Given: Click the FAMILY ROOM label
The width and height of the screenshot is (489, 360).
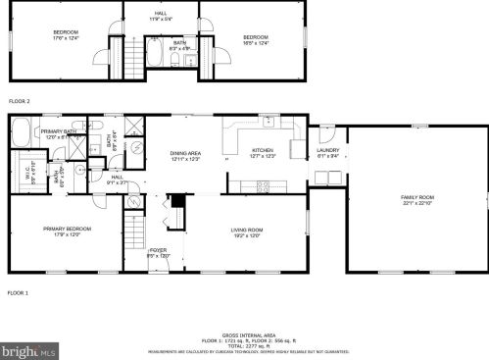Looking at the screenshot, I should coord(416,199).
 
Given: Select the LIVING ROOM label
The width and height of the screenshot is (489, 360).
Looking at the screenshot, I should coord(245,231).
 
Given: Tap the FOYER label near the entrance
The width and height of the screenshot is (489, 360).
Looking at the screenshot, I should coord(158,252).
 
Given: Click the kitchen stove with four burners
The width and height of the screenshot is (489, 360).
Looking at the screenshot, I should coord(263,185).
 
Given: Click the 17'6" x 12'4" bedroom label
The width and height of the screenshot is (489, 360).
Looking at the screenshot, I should coord(66,35).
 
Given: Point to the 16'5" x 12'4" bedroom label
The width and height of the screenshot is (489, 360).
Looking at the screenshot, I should coord(256,39).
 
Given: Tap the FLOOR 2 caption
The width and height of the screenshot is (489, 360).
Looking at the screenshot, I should coord(20,101).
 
